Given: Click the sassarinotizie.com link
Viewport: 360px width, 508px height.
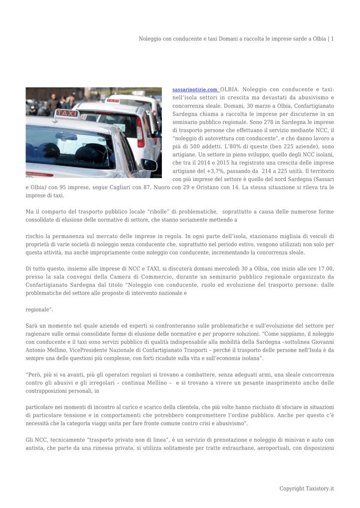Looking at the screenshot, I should pyautogui.click(x=195, y=90).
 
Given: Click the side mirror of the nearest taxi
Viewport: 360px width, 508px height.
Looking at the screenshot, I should pyautogui.click(x=149, y=164).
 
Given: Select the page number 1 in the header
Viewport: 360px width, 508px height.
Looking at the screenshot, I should pyautogui.click(x=332, y=39).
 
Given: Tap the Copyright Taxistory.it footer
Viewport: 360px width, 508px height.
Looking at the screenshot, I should pyautogui.click(x=306, y=489).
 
